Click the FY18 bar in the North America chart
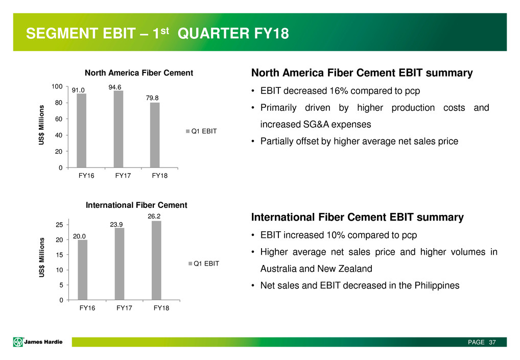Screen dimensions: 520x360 click(155, 135)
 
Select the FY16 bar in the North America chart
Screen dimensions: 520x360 click(81, 130)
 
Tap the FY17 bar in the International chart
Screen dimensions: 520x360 click(120, 264)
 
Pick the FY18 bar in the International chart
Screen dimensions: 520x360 click(156, 260)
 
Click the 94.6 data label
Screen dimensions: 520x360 click(115, 87)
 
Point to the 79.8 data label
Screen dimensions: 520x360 click(152, 98)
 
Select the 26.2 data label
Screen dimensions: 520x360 click(154, 216)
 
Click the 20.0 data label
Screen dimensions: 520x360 click(79, 236)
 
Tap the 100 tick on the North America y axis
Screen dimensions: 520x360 click(57, 86)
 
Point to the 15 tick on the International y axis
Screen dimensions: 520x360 click(59, 255)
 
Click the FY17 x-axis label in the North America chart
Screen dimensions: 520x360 click(123, 176)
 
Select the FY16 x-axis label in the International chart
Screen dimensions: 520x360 click(87, 308)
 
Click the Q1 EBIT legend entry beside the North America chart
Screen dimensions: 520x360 click(201, 131)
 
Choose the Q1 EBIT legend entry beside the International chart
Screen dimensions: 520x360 click(204, 263)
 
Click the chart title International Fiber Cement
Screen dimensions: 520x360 click(136, 205)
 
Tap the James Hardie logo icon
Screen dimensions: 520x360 click(18, 342)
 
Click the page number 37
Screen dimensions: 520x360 click(492, 342)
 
